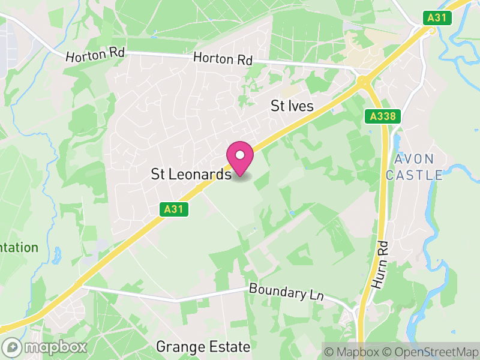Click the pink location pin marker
pyautogui.click(x=240, y=158)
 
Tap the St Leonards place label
pyautogui.click(x=191, y=175)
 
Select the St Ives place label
pyautogui.click(x=292, y=106)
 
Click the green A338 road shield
pyautogui.click(x=382, y=116)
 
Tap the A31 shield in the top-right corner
pyautogui.click(x=437, y=18)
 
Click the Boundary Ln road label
pyautogui.click(x=286, y=293)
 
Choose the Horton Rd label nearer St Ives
pyautogui.click(x=223, y=59)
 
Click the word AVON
pyautogui.click(x=414, y=159)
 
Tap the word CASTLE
pyautogui.click(x=414, y=175)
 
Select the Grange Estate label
pyautogui.click(x=203, y=347)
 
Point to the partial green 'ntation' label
pyautogui.click(x=18, y=248)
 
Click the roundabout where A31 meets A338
pyautogui.click(x=362, y=81)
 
